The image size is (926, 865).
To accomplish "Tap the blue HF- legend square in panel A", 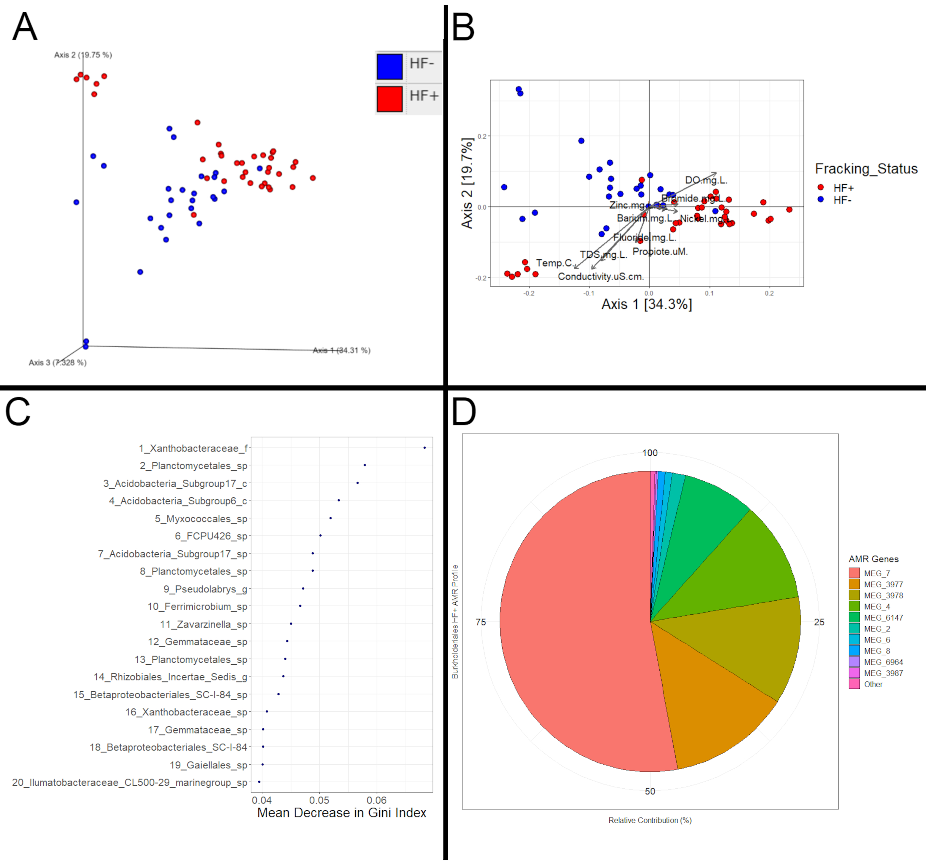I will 389,67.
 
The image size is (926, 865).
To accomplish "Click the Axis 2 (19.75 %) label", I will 83,55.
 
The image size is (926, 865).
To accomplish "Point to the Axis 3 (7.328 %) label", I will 57,362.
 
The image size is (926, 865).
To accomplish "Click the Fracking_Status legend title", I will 866,168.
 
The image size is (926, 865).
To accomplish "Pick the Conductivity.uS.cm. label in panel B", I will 601,277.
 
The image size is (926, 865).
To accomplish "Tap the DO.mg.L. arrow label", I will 706,180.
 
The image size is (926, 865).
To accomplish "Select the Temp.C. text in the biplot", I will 554,263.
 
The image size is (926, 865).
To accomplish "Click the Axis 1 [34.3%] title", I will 646,304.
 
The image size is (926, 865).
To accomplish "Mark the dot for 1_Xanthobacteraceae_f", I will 424,448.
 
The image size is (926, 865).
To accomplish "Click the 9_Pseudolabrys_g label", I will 205,589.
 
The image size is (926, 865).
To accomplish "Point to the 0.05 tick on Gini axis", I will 319,800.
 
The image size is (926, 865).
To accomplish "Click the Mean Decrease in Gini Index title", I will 342,813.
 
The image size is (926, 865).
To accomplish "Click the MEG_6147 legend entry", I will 883,618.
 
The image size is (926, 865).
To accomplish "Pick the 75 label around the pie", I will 481,622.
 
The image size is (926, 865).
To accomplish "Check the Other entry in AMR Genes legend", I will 873,684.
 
